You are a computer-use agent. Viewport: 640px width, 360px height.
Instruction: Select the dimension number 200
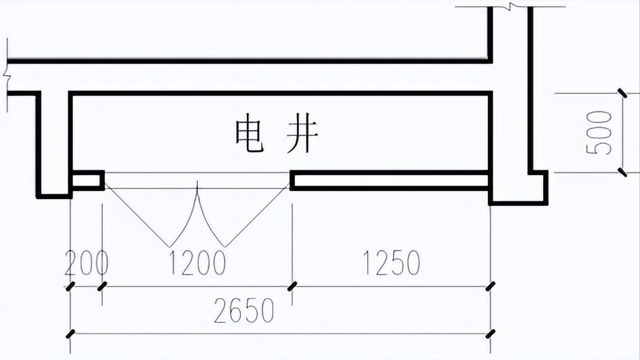pos(86,263)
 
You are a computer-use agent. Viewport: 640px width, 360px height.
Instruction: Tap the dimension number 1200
pos(197,263)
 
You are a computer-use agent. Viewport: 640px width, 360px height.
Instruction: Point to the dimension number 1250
pos(391,263)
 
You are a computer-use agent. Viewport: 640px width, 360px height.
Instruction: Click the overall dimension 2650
pos(244,311)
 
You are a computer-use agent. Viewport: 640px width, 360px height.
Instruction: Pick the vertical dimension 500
pos(599,132)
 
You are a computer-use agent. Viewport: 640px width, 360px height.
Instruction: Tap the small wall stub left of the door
pos(87,180)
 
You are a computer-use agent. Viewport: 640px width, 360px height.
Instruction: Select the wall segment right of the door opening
pos(390,180)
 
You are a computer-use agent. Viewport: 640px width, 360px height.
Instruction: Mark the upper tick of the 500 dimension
pos(622,93)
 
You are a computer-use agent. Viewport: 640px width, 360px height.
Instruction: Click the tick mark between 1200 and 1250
pos(292,286)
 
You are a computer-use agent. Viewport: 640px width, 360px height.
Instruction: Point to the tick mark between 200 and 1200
pos(102,286)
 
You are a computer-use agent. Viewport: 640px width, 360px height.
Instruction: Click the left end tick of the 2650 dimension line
pos(70,334)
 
